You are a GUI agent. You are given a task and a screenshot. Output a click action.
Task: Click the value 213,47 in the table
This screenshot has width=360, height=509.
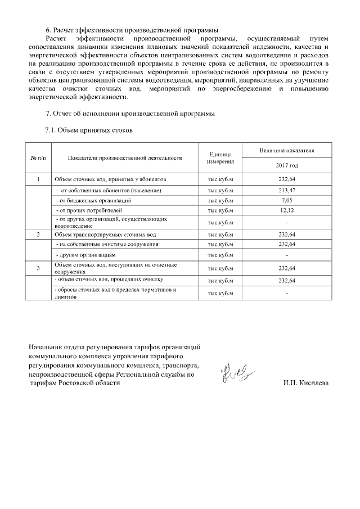pyautogui.click(x=286, y=190)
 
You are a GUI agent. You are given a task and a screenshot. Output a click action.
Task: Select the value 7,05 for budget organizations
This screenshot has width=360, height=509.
pyautogui.click(x=286, y=200)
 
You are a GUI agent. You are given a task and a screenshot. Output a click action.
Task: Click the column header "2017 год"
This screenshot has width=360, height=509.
pyautogui.click(x=286, y=165)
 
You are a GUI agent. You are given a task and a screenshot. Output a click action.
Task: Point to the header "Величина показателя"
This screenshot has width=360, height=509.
pyautogui.click(x=286, y=151)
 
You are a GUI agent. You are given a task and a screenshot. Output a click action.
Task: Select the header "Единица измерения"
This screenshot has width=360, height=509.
pyautogui.click(x=220, y=158)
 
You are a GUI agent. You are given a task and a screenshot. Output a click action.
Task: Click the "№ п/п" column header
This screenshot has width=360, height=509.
pyautogui.click(x=38, y=158)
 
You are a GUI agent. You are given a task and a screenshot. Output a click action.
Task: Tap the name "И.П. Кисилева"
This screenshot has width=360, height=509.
pyautogui.click(x=307, y=383)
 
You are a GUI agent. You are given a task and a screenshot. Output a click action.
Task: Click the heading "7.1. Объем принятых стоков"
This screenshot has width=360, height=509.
pyautogui.click(x=89, y=130)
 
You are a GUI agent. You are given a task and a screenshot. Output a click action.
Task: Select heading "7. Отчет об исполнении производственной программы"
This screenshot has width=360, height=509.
pyautogui.click(x=130, y=114)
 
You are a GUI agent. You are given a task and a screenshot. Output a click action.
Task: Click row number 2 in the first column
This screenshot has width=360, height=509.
pyautogui.click(x=38, y=233)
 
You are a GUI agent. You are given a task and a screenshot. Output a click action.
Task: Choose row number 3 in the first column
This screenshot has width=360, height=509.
pyautogui.click(x=38, y=268)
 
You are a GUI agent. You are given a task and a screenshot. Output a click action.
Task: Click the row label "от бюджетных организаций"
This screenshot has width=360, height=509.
pyautogui.click(x=93, y=200)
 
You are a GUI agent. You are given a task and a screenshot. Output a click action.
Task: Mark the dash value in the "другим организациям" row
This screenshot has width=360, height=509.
pyautogui.click(x=286, y=255)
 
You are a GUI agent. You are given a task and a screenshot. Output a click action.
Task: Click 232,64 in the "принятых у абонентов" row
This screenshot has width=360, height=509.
pyautogui.click(x=286, y=179)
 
